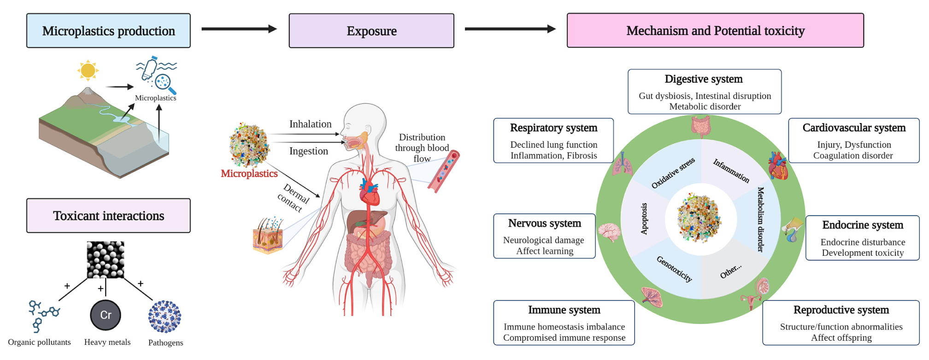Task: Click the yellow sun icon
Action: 88,71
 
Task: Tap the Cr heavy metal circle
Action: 106,315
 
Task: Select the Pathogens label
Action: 165,342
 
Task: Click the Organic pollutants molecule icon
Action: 43,315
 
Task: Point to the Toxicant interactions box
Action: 108,216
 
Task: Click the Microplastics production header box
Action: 108,31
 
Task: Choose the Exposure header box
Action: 371,31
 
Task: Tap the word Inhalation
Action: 310,124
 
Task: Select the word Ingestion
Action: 308,151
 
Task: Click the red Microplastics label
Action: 249,174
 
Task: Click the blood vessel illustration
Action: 443,171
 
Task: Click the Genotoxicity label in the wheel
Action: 674,269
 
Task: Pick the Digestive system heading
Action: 703,79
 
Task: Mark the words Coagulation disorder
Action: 853,156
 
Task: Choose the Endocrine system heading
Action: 862,225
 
